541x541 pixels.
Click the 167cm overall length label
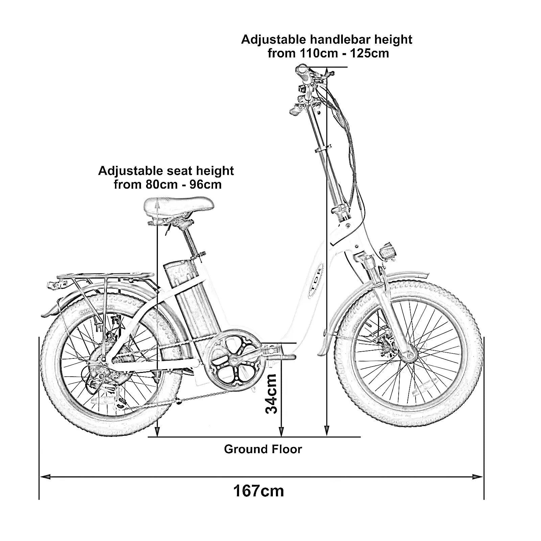click(259, 491)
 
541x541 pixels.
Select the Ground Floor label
click(263, 449)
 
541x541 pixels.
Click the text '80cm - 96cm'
click(184, 185)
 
